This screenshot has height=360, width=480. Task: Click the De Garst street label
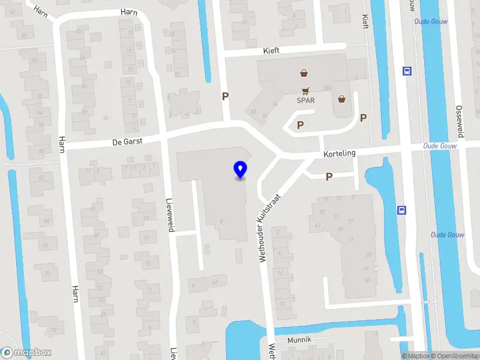coord(125,142)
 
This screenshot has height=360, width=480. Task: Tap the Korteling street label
coord(340,154)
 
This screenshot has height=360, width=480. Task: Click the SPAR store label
coord(305,100)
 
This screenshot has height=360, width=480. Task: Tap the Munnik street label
coord(299,340)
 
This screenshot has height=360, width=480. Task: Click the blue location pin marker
coord(241,170)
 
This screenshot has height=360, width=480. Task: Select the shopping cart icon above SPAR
coord(306,91)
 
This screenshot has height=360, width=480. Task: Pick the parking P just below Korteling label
coord(329,176)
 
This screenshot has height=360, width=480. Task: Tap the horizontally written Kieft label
coord(271,52)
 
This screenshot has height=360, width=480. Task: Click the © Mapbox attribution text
coord(416,356)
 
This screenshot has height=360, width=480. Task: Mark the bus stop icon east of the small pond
coord(401,210)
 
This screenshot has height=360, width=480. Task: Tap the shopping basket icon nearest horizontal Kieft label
coord(304,73)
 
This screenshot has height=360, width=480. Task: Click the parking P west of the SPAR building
coord(226,96)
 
